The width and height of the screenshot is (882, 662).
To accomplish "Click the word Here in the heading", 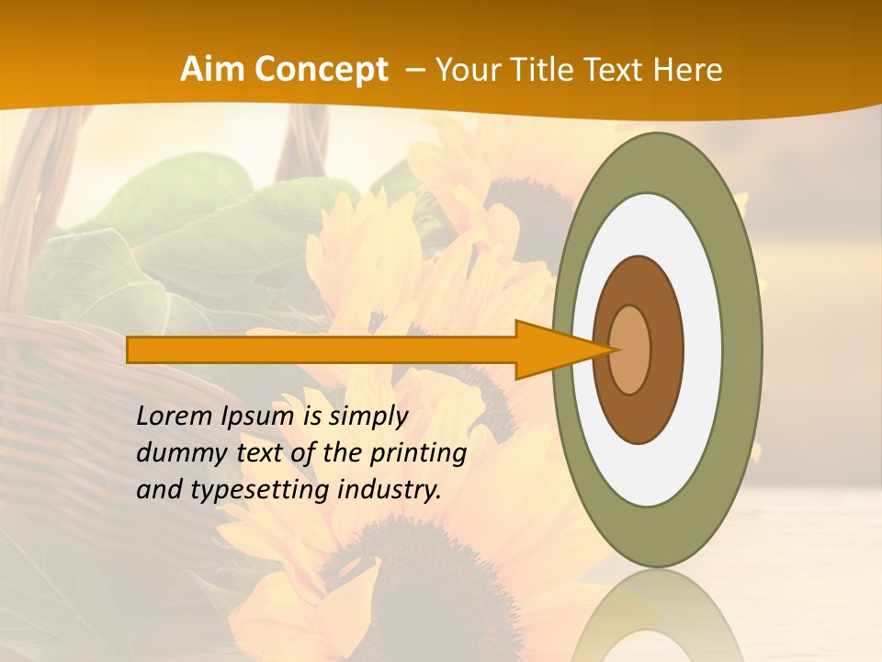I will pyautogui.click(x=688, y=70).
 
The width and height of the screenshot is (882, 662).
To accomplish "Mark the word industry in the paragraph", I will pyautogui.click(x=389, y=490).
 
